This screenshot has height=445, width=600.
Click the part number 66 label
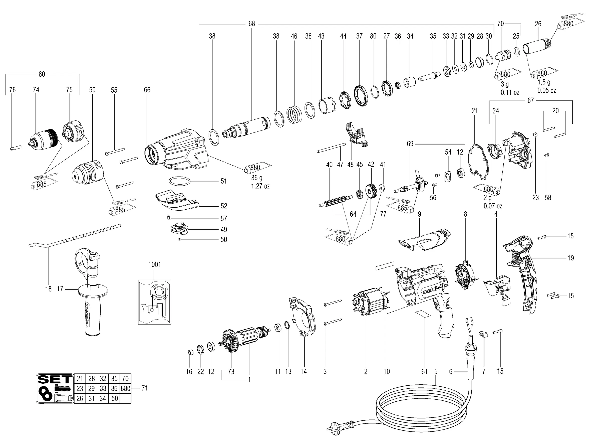tap(147, 90)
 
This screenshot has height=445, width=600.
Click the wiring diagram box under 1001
tap(155, 302)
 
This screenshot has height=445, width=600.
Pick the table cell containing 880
tap(125, 388)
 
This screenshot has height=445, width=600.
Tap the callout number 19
tap(570, 258)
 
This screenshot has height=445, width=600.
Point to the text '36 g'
tap(256, 178)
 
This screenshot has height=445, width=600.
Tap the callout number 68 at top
tap(252, 24)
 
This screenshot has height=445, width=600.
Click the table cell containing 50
tap(115, 398)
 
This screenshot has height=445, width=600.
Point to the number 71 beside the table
tap(145, 388)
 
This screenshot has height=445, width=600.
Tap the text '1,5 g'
tap(544, 82)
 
